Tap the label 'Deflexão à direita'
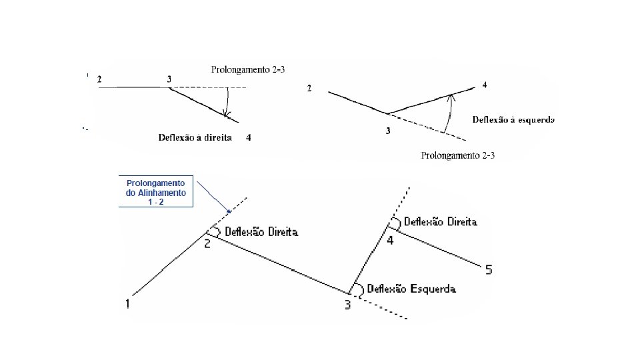pyautogui.click(x=195, y=137)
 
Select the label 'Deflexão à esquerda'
pyautogui.click(x=513, y=120)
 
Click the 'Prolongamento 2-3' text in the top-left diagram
pyautogui.click(x=248, y=69)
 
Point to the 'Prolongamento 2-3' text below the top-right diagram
pyautogui.click(x=459, y=155)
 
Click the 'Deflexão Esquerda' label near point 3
pyautogui.click(x=411, y=289)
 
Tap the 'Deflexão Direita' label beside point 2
pyautogui.click(x=261, y=232)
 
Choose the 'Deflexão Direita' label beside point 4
pyautogui.click(x=441, y=222)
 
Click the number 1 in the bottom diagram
pyautogui.click(x=127, y=304)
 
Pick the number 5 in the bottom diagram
pyautogui.click(x=489, y=270)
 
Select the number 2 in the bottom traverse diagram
pyautogui.click(x=207, y=244)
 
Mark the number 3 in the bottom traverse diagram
pyautogui.click(x=347, y=305)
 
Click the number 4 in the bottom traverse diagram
pyautogui.click(x=390, y=240)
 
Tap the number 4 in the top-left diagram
pyautogui.click(x=248, y=137)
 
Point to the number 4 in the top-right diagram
pyautogui.click(x=484, y=85)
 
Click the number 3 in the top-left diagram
pyautogui.click(x=169, y=79)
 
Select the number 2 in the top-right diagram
pyautogui.click(x=309, y=89)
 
